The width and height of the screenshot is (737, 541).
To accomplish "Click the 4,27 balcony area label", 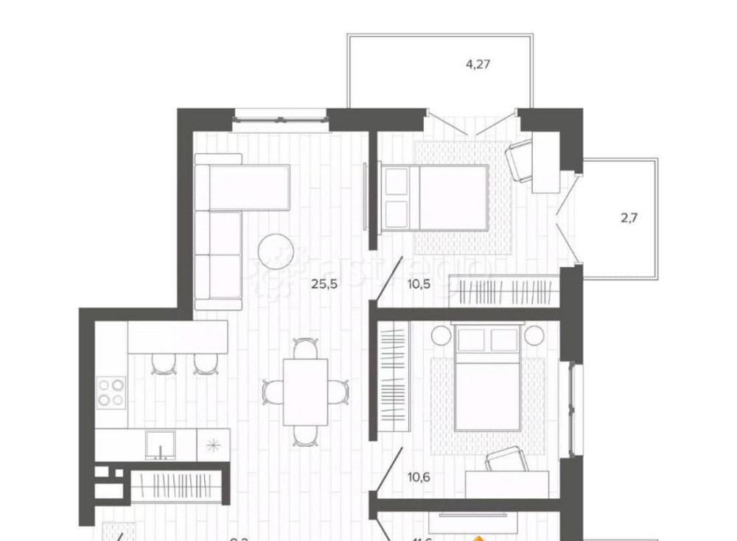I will point(478,64).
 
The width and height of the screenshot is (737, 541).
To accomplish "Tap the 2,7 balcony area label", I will point(629,217).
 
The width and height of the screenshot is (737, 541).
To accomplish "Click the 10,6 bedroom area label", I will point(419,476).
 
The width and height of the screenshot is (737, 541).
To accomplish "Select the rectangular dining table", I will point(305,392).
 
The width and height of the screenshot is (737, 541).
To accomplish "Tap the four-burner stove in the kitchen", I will point(111,392).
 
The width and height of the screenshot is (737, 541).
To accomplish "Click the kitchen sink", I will point(159,445).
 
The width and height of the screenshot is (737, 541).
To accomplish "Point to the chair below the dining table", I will point(305,436).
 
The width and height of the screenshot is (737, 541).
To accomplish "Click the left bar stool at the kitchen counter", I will point(164,362).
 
